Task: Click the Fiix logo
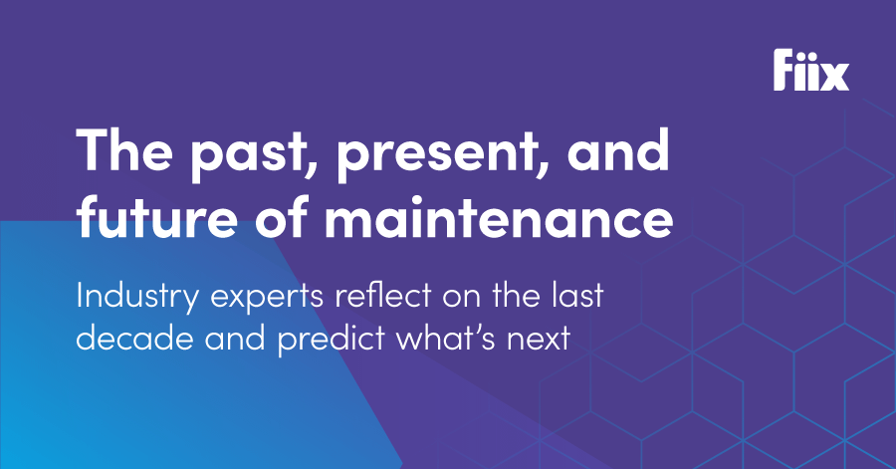811,70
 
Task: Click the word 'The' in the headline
124,149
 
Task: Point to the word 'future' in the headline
156,217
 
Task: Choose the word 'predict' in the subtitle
331,341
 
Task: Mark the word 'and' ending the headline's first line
618,149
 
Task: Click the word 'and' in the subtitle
235,338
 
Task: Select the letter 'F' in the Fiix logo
784,70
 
